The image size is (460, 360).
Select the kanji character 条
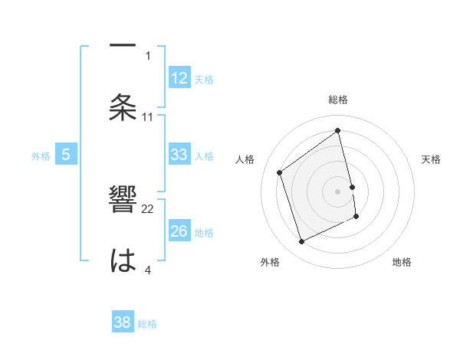(x=123, y=108)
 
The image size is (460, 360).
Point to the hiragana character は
(x=123, y=261)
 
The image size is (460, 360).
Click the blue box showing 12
(x=179, y=77)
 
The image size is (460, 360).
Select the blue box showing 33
(x=179, y=155)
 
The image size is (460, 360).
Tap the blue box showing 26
(x=179, y=231)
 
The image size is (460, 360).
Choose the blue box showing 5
(x=66, y=155)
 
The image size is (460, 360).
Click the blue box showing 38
(x=123, y=322)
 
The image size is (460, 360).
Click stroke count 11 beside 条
(x=149, y=117)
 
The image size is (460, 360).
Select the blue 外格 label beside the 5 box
(x=41, y=156)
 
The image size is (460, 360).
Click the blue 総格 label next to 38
(x=147, y=324)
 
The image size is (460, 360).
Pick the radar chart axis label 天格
(x=432, y=159)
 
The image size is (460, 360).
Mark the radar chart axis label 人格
(x=245, y=159)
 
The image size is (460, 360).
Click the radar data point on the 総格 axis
(x=338, y=131)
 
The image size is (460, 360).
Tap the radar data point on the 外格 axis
(x=301, y=242)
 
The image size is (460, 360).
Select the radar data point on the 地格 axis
(x=356, y=217)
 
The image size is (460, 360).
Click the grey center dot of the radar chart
(x=338, y=191)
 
